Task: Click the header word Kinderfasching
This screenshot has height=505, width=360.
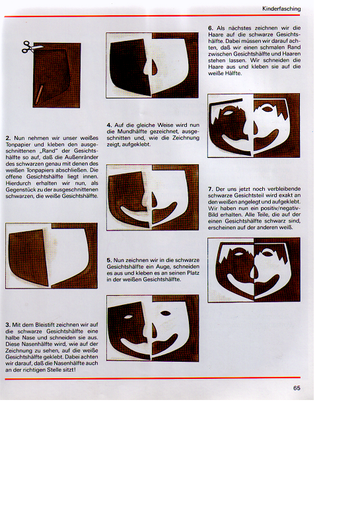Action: click(281, 9)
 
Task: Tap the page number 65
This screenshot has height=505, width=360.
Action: click(297, 388)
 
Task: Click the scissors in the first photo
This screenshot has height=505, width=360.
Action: click(31, 47)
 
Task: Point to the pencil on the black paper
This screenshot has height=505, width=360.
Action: click(39, 94)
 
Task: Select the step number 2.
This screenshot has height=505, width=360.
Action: click(8, 138)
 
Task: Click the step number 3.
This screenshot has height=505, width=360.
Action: click(8, 325)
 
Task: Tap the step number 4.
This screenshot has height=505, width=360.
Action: click(109, 125)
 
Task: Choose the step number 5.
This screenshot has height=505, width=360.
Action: click(109, 260)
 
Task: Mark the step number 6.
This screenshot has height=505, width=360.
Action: click(211, 28)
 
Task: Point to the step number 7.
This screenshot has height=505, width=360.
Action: click(211, 189)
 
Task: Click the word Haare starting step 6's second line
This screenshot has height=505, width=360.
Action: click(216, 35)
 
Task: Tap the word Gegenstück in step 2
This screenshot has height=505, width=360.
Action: click(19, 189)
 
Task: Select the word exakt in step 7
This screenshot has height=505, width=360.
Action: click(285, 195)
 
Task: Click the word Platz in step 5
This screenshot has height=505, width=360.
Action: click(193, 273)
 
